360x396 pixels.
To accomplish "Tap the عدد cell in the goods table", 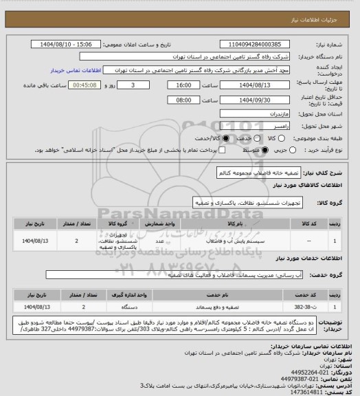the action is [x=159, y=241].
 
